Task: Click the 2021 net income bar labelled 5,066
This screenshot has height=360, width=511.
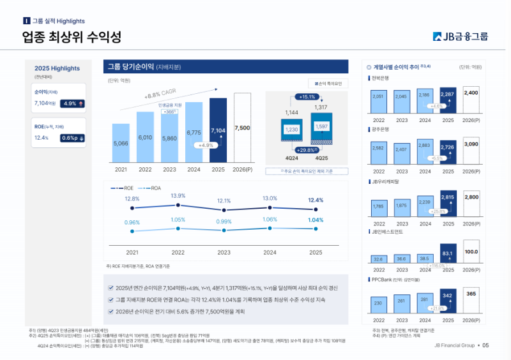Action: click(x=121, y=143)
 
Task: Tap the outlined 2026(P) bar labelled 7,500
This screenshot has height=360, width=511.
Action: click(x=242, y=128)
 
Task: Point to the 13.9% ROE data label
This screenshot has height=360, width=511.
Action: click(x=178, y=196)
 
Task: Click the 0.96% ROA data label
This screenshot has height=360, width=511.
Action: click(x=132, y=222)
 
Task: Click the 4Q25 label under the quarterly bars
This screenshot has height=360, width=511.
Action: click(x=321, y=157)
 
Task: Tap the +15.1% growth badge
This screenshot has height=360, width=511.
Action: click(x=307, y=97)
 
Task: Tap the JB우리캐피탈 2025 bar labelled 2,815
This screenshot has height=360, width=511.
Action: click(x=448, y=205)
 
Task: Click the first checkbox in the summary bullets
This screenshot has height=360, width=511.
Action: click(x=111, y=288)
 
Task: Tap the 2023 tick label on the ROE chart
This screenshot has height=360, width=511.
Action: click(x=224, y=253)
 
